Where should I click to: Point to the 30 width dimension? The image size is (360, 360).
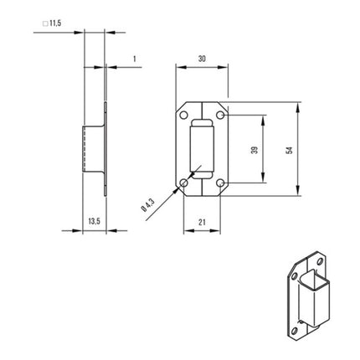202,59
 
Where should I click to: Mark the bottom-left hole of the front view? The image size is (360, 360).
185,182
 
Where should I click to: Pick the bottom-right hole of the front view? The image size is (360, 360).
219,182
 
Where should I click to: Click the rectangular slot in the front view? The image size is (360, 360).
202,149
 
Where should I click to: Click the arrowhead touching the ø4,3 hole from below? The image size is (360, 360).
180,187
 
